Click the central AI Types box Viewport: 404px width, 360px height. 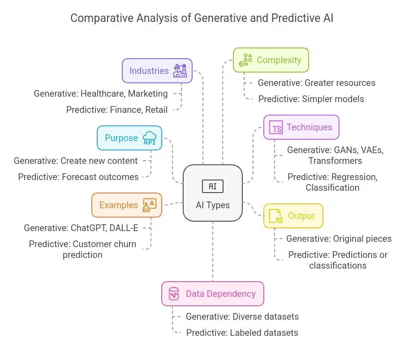coord(212,193)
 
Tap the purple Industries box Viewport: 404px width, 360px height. coord(157,71)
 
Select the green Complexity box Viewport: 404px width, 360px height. coord(271,60)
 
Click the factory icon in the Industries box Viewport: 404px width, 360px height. coord(180,71)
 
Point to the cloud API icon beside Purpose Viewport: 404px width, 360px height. coord(149,138)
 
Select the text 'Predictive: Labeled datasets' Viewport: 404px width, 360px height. coord(242,332)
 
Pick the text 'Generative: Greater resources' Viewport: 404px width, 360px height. coord(316,83)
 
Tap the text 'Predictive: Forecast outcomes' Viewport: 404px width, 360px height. coord(78,177)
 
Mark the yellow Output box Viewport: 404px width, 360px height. coord(293,216)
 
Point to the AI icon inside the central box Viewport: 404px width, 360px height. coord(212,186)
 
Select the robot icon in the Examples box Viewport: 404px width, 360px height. coord(149,205)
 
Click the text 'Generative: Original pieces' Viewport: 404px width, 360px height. coord(339,239)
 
